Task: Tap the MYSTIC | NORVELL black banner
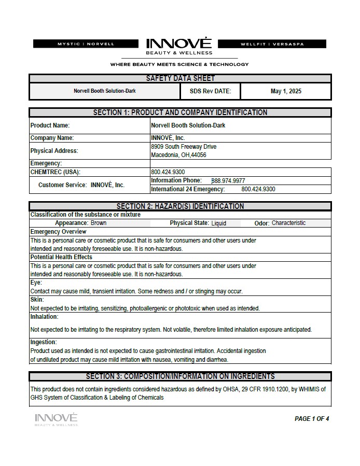tap(86, 44)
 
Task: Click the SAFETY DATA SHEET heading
tap(180, 78)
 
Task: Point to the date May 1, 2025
tap(286, 91)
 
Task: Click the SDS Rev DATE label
tap(210, 91)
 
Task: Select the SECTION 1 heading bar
tap(180, 112)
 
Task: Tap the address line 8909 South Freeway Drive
tap(184, 147)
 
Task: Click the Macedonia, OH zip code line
tap(178, 155)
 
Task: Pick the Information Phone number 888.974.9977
tap(228, 181)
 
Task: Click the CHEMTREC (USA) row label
tap(56, 172)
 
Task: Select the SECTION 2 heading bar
tap(180, 206)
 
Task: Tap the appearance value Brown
tap(99, 223)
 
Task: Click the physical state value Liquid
tap(218, 223)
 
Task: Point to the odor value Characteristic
tap(288, 223)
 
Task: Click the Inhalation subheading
tap(44, 317)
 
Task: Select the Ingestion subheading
tap(44, 342)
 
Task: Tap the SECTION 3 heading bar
tap(180, 376)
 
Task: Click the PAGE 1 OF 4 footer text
tap(312, 419)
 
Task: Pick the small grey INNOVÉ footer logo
tap(56, 418)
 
